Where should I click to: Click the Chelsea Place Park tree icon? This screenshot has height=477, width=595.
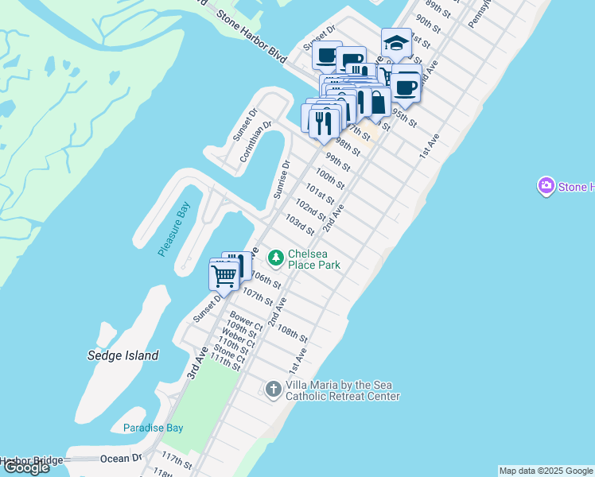pos(275,258)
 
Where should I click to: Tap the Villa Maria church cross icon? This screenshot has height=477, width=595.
pos(273,389)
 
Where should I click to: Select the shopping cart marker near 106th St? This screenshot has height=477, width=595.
pos(224,275)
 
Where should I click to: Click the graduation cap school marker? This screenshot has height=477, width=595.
pos(396,43)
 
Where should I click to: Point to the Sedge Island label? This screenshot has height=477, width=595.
pos(122,355)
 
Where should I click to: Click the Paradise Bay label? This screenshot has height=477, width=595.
pos(153,428)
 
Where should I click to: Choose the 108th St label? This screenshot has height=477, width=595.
pos(292,334)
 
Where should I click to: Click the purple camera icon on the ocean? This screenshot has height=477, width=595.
pos(546,187)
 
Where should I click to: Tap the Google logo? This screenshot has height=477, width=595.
pos(26,467)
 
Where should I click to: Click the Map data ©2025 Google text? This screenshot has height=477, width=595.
pos(545,471)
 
